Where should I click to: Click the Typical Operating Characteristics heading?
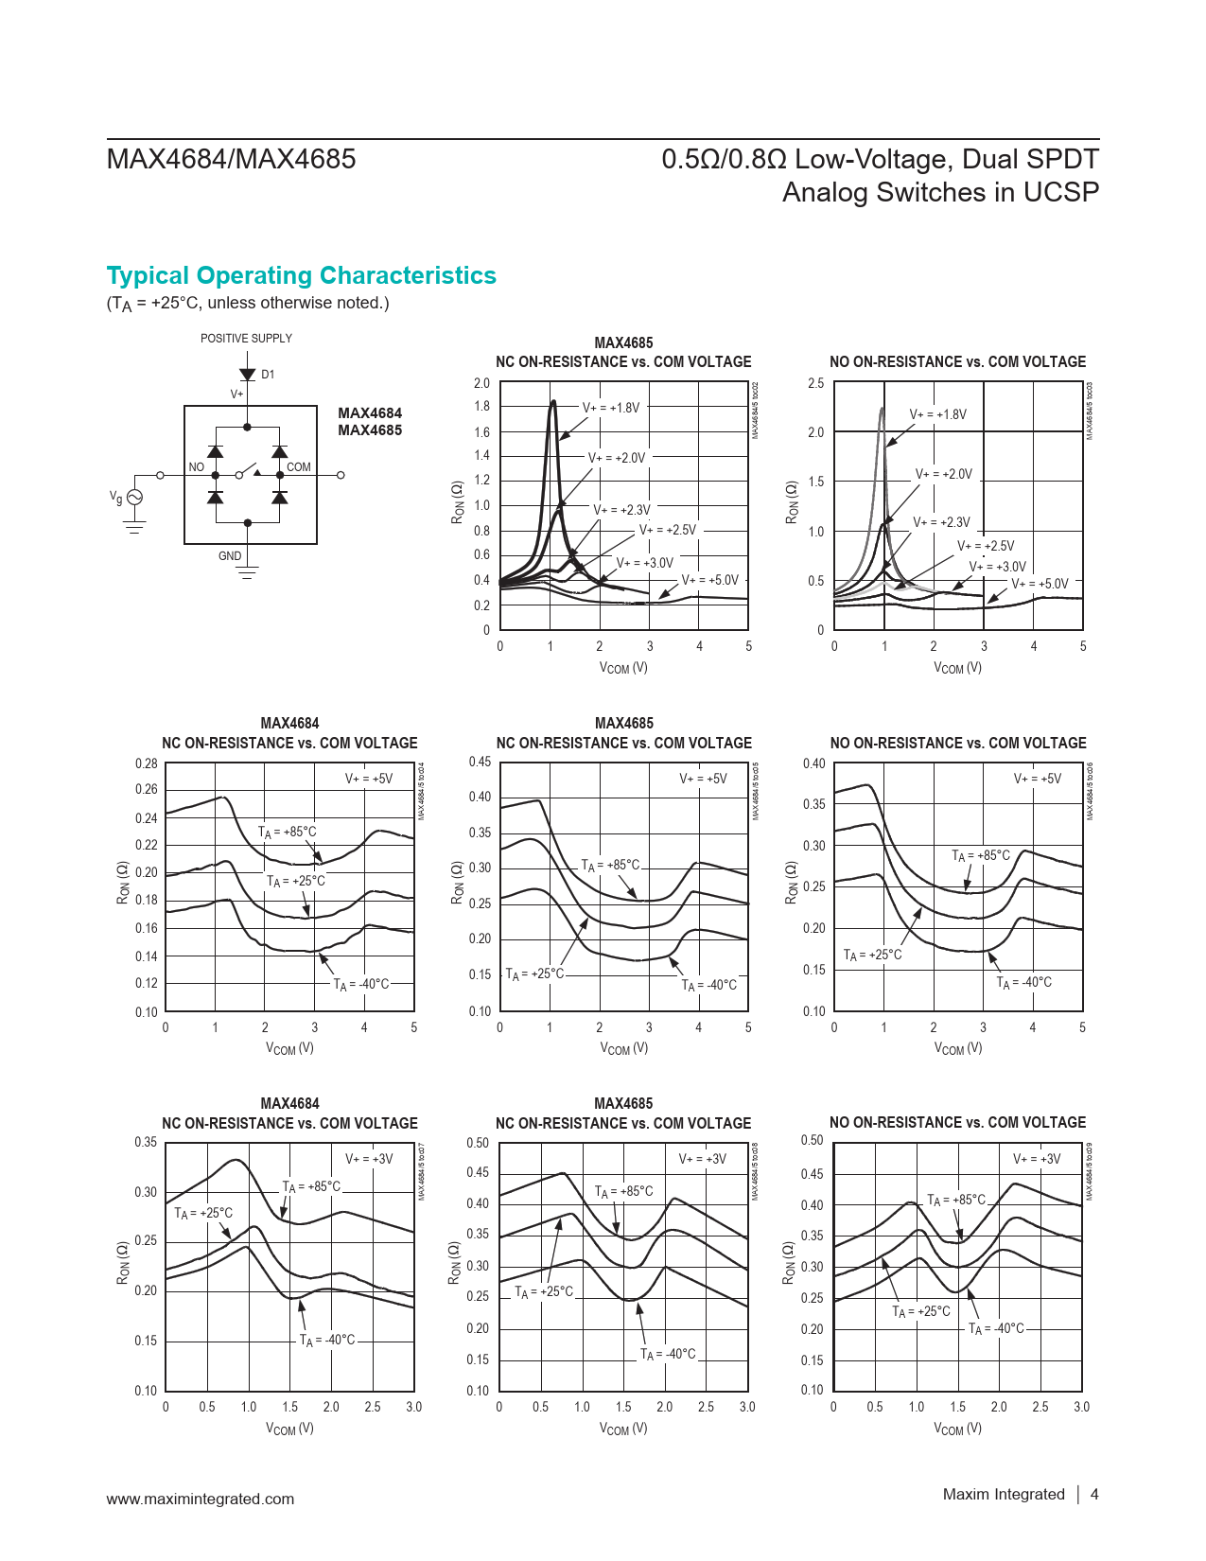[x=301, y=275]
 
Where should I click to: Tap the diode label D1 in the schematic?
[x=268, y=375]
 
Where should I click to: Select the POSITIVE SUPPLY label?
[x=246, y=339]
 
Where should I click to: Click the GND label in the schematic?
[x=230, y=556]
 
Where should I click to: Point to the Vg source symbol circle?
[x=134, y=498]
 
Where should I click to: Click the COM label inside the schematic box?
[x=299, y=467]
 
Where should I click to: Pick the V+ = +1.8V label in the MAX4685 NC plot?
[x=611, y=408]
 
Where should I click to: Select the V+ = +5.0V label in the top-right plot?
[x=1040, y=584]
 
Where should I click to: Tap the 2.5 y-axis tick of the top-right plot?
[x=815, y=383]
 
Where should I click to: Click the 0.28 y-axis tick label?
[x=147, y=763]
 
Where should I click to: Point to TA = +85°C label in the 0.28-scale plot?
[x=288, y=833]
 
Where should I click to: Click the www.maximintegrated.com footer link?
[x=201, y=1499]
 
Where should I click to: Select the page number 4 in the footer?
[x=1094, y=1495]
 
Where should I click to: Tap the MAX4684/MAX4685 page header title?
[x=232, y=159]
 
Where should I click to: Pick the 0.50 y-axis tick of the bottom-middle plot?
[x=478, y=1143]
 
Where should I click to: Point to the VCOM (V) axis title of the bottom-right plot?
[x=957, y=1429]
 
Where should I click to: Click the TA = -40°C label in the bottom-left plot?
[x=327, y=1341]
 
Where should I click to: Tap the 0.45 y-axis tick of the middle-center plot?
[x=480, y=762]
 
